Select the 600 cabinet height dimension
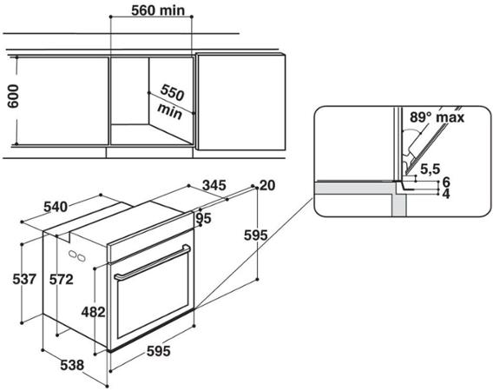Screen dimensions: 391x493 pos(12,96)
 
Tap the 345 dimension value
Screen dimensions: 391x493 pos(213,186)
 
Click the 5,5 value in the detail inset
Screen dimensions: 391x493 pos(430,168)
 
